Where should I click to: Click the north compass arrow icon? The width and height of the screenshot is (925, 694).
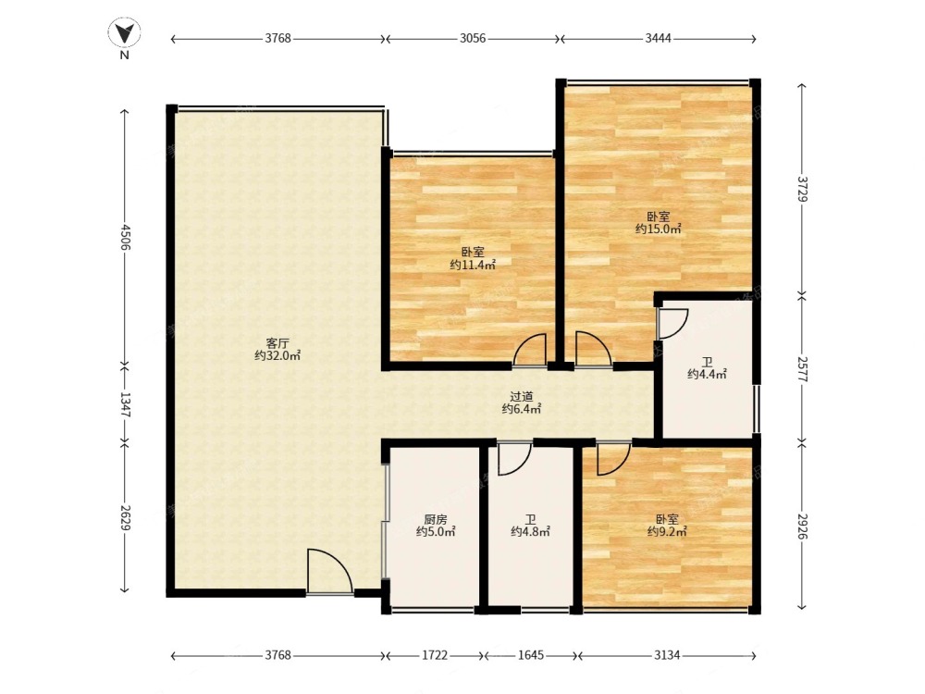pyautogui.click(x=125, y=33)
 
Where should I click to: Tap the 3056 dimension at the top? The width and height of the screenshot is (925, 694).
pyautogui.click(x=473, y=39)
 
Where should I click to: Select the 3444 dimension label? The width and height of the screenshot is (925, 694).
pyautogui.click(x=658, y=39)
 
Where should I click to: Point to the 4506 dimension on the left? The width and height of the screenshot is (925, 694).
pyautogui.click(x=125, y=237)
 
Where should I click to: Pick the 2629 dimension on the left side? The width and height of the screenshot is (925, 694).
pyautogui.click(x=125, y=515)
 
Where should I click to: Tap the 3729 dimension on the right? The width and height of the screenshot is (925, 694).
pyautogui.click(x=802, y=189)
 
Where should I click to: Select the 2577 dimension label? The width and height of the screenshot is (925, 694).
pyautogui.click(x=802, y=368)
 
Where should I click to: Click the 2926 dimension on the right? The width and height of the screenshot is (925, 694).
pyautogui.click(x=802, y=525)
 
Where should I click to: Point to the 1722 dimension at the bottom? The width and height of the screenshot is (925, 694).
pyautogui.click(x=435, y=655)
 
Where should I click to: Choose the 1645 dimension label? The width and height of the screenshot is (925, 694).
pyautogui.click(x=530, y=655)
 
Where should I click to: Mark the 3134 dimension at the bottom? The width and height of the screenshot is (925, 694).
pyautogui.click(x=667, y=655)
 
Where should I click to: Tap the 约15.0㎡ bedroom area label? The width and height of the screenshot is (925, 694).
pyautogui.click(x=659, y=229)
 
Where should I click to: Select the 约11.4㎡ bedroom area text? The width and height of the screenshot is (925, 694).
pyautogui.click(x=473, y=265)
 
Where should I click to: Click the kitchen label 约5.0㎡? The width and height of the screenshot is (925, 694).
pyautogui.click(x=436, y=532)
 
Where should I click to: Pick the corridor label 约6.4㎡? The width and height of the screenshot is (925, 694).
pyautogui.click(x=522, y=408)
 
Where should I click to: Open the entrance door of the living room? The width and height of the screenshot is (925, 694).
pyautogui.click(x=330, y=571)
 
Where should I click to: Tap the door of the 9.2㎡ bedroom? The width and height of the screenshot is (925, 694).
pyautogui.click(x=613, y=458)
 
